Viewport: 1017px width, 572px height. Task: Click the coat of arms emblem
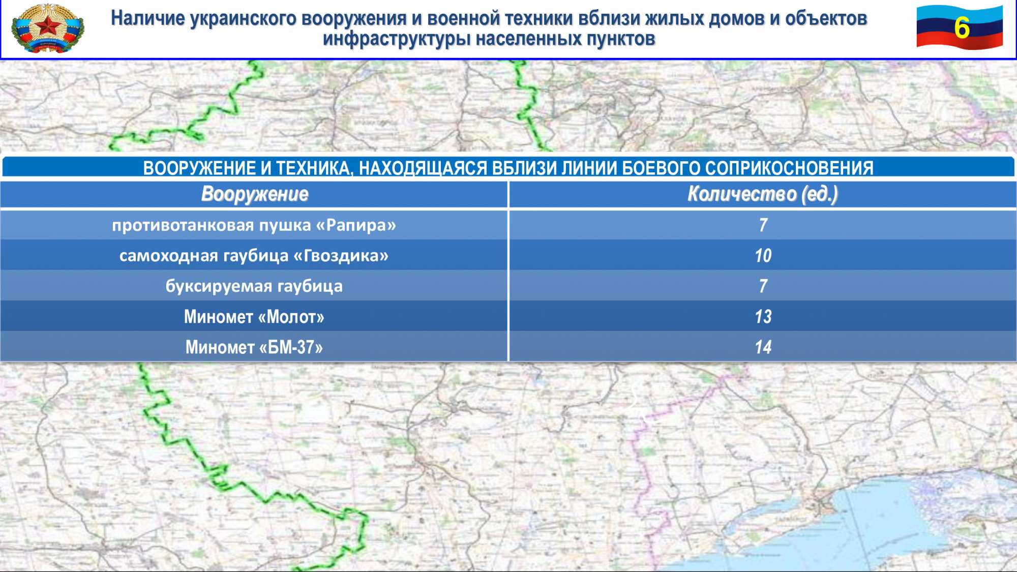pyautogui.click(x=48, y=28)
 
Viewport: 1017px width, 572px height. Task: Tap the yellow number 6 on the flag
pyautogui.click(x=961, y=27)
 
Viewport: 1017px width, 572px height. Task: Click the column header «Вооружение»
pyautogui.click(x=255, y=194)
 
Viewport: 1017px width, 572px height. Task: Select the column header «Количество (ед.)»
pyautogui.click(x=763, y=194)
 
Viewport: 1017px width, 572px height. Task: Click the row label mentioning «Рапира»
pyautogui.click(x=254, y=225)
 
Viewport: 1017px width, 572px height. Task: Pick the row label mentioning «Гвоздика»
pyautogui.click(x=254, y=255)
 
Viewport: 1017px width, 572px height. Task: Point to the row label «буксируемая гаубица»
pyautogui.click(x=254, y=286)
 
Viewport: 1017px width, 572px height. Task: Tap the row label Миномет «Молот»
pyautogui.click(x=254, y=317)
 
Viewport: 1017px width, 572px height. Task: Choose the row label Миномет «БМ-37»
pyautogui.click(x=254, y=347)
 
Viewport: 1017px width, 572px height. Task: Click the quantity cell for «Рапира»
pyautogui.click(x=763, y=225)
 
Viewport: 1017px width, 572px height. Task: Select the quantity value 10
pyautogui.click(x=763, y=255)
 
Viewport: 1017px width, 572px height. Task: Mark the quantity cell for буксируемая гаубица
pyautogui.click(x=763, y=286)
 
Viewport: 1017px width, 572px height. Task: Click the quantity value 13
pyautogui.click(x=763, y=317)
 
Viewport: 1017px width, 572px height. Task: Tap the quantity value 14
pyautogui.click(x=763, y=347)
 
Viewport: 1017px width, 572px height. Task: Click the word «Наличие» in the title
pyautogui.click(x=148, y=18)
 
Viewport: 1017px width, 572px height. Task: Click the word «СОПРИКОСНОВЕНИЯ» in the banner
pyautogui.click(x=789, y=168)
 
